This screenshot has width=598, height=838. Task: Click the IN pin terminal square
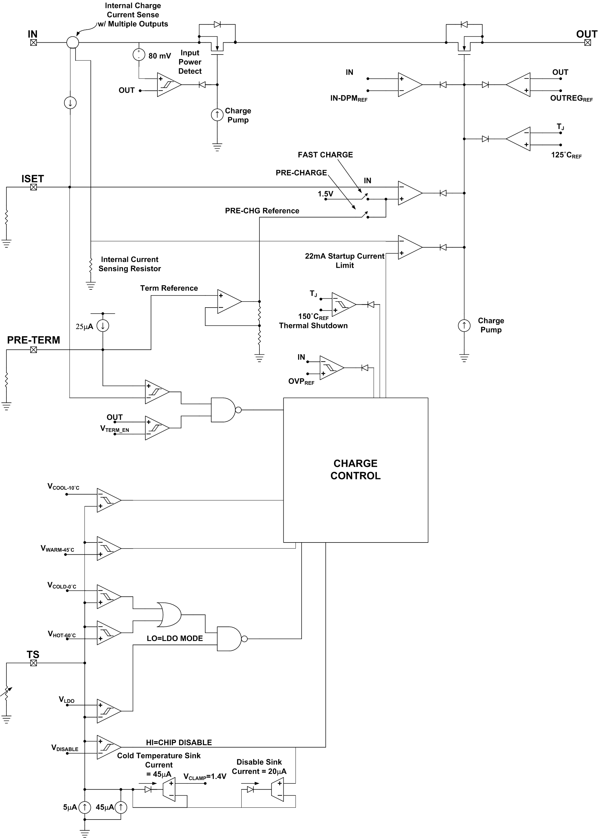[x=33, y=42]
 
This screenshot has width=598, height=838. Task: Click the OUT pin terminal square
[x=587, y=42]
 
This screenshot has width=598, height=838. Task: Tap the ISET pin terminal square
[x=33, y=187]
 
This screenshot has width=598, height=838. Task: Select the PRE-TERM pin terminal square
[x=33, y=349]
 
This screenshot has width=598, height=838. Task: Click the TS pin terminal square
[x=33, y=663]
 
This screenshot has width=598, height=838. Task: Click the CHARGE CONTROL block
[x=355, y=470]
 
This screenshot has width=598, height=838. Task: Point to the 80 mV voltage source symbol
[x=139, y=55]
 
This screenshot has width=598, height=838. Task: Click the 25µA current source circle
[x=103, y=325]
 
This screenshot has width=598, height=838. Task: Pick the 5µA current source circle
[x=85, y=807]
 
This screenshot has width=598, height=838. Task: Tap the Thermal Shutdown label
[x=313, y=325]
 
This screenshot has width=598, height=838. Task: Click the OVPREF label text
[x=301, y=382]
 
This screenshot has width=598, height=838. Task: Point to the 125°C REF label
[x=566, y=155]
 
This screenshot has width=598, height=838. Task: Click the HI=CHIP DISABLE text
[x=179, y=742]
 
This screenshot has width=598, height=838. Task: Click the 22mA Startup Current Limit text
[x=344, y=260]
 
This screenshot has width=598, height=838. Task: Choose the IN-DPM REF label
[x=349, y=98]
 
